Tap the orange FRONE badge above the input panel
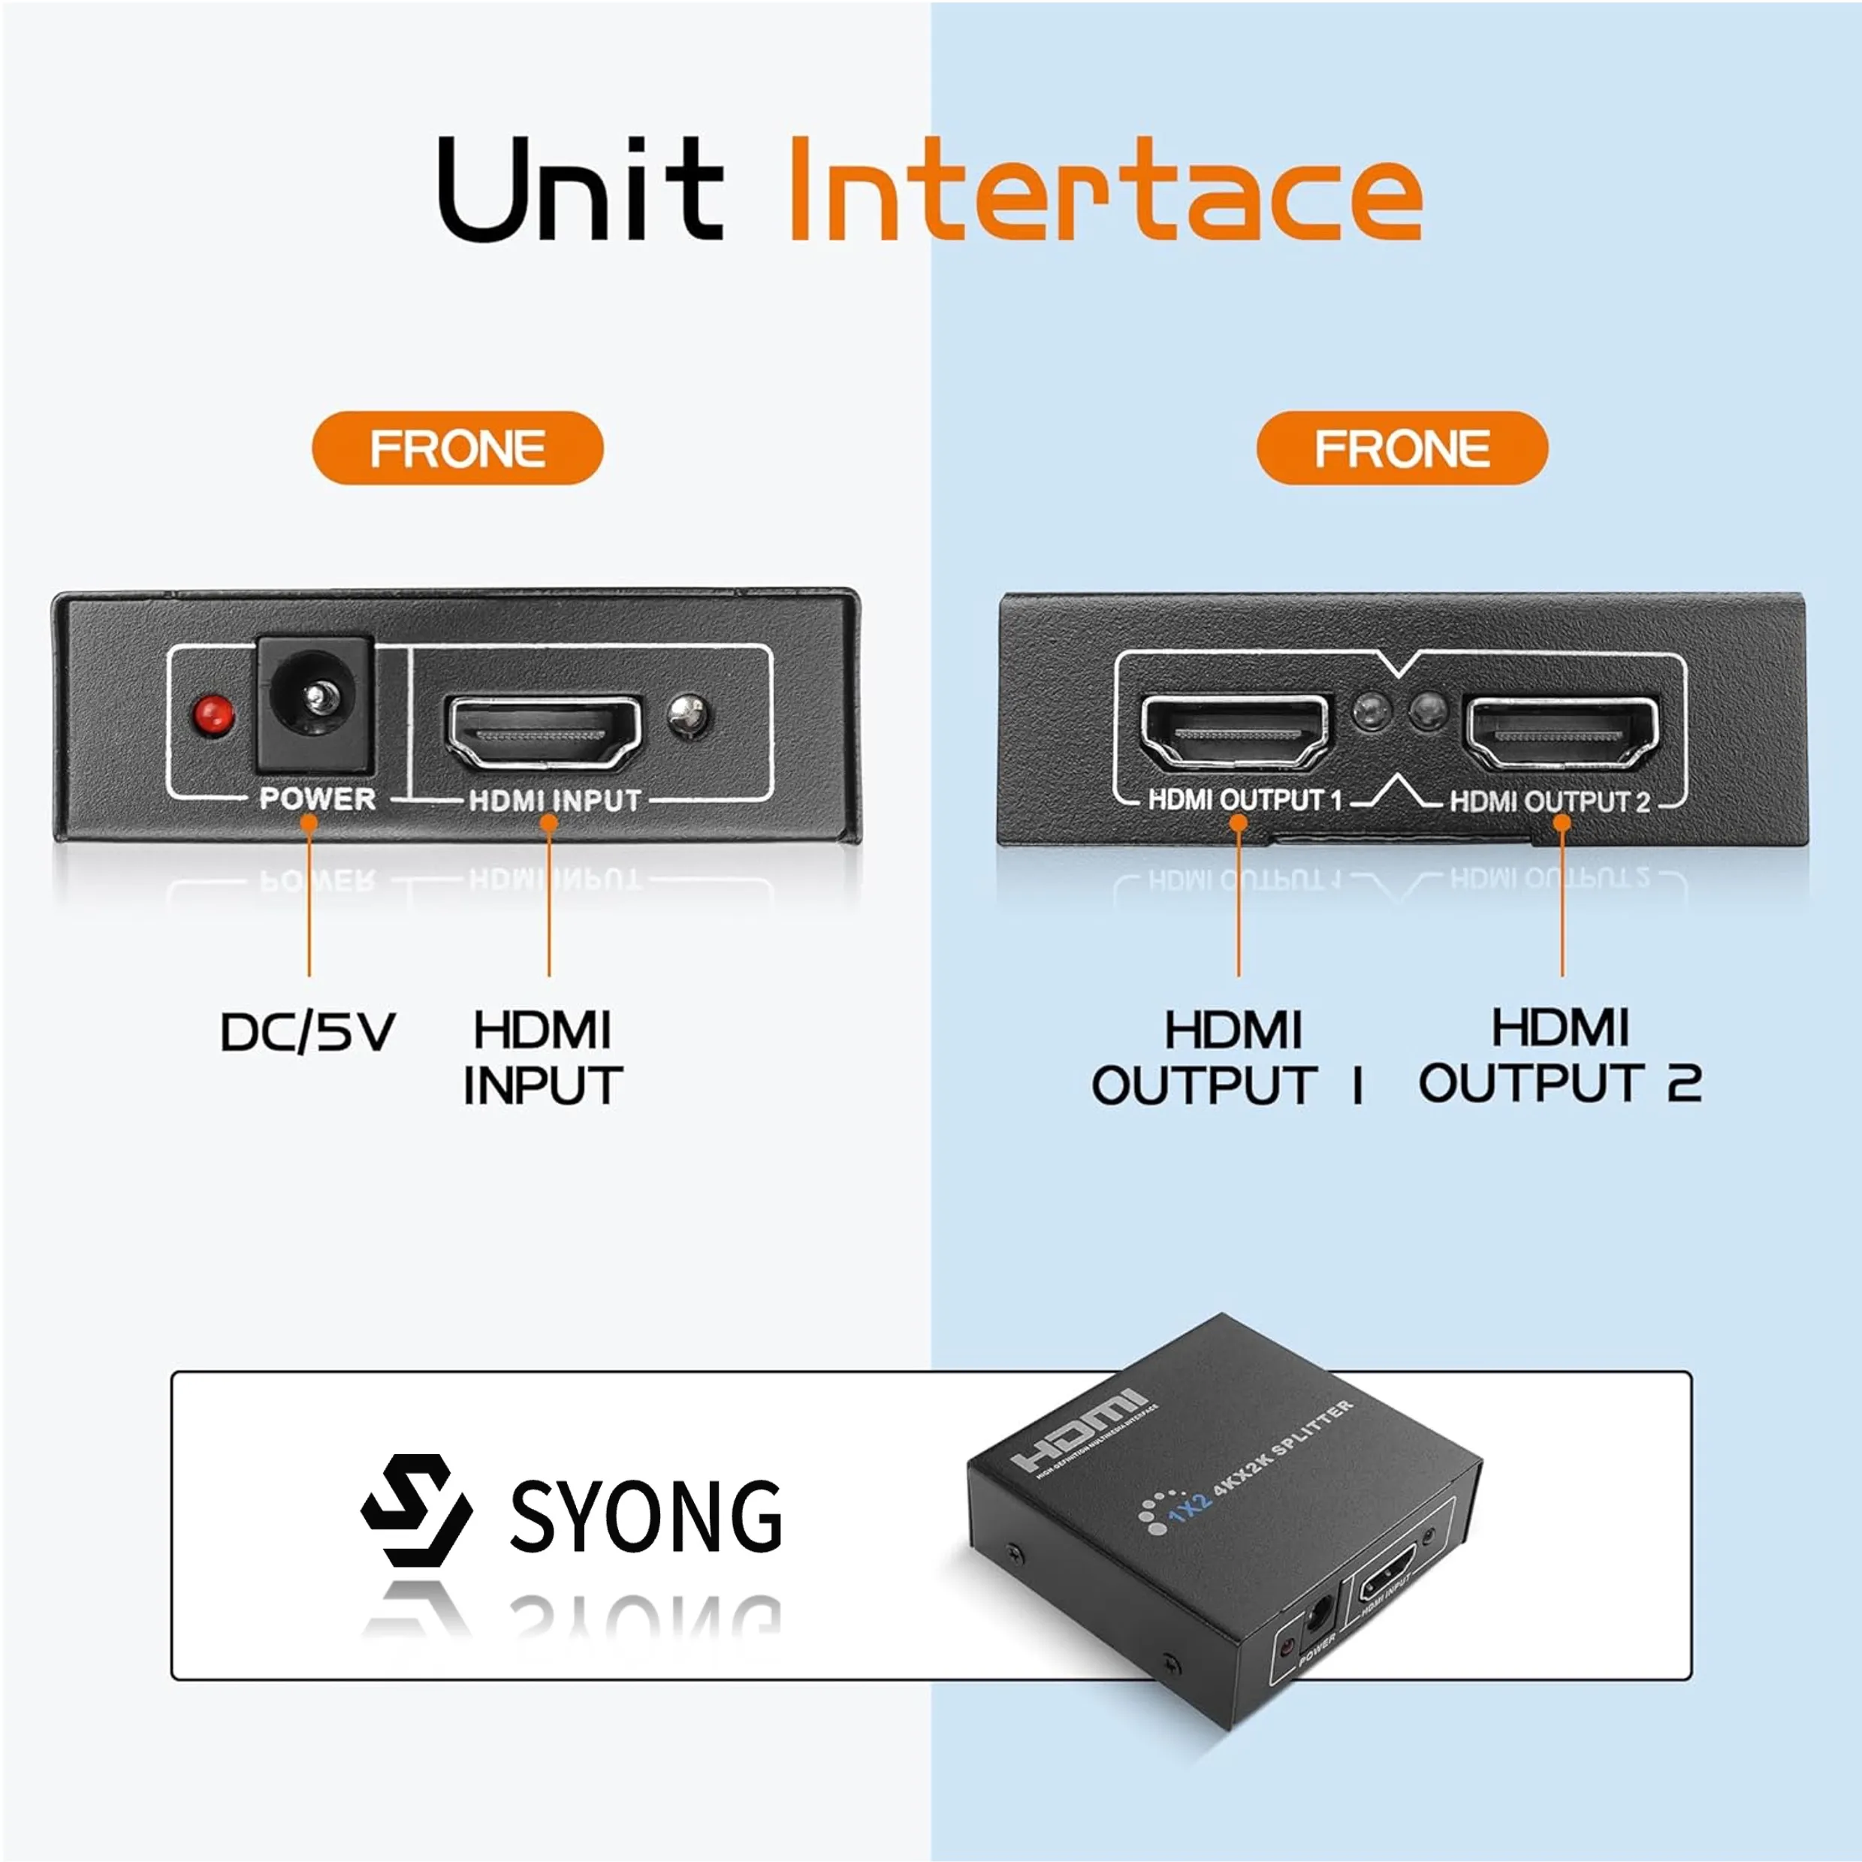click(x=457, y=448)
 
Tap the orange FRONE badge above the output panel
click(x=1402, y=448)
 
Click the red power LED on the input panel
click(x=213, y=715)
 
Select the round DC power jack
click(x=313, y=705)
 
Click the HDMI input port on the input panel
click(x=545, y=732)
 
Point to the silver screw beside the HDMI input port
click(x=688, y=715)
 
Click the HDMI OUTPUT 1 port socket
click(x=1235, y=732)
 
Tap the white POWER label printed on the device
click(x=317, y=799)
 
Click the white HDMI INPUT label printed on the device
click(x=554, y=801)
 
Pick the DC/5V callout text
click(x=307, y=1032)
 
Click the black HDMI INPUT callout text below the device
click(x=542, y=1058)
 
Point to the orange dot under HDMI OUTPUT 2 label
click(x=1562, y=823)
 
